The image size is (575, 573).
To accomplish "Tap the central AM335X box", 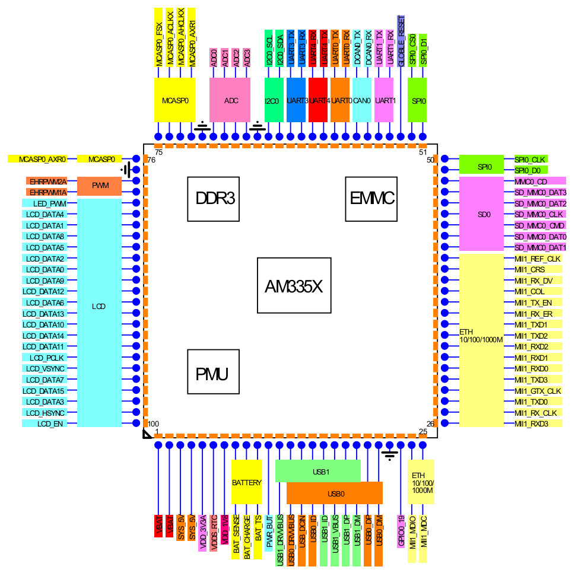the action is [x=293, y=285].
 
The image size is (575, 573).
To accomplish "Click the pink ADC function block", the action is [x=231, y=100].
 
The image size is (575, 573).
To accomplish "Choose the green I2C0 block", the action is [x=272, y=100].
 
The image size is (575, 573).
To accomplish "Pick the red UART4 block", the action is [x=318, y=100].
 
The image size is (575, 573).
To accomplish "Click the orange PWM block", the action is [x=100, y=186].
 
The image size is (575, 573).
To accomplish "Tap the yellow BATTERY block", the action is [x=246, y=482].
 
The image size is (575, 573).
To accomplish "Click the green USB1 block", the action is [x=318, y=471].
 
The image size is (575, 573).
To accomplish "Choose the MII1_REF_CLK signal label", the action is [x=537, y=259].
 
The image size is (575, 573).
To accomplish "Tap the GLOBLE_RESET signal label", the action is [x=402, y=40].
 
